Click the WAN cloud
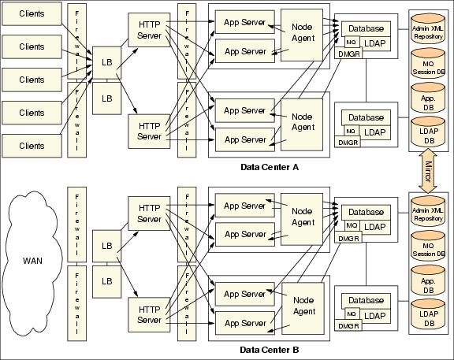[x=32, y=263]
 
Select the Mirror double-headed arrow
[x=428, y=171]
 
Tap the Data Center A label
[x=270, y=167]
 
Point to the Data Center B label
[x=270, y=350]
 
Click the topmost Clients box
[x=32, y=13]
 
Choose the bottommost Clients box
[x=32, y=146]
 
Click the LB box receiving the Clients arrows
[x=106, y=62]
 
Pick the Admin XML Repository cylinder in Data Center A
[x=428, y=29]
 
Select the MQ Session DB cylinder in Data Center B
[x=428, y=247]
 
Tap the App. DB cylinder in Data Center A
[x=428, y=99]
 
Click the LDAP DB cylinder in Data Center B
[x=428, y=314]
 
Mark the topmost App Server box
[x=244, y=22]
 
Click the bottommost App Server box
[x=245, y=323]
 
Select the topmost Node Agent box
[x=302, y=35]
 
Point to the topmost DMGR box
[x=348, y=54]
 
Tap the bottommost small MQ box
[x=352, y=314]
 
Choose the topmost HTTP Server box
[x=149, y=30]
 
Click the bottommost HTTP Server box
[x=149, y=315]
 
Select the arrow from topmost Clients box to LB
[x=76, y=39]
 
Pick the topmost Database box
[x=366, y=28]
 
